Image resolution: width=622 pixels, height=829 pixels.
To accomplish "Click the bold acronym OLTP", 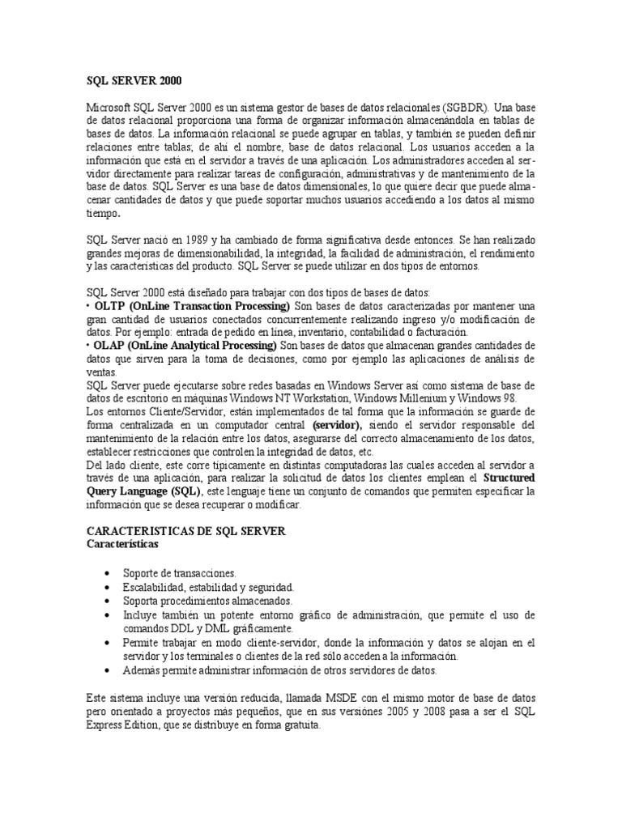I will click(110, 307).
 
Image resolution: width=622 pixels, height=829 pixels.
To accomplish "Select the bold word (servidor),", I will click(339, 425).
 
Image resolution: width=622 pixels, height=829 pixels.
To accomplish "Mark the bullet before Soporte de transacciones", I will click(109, 573).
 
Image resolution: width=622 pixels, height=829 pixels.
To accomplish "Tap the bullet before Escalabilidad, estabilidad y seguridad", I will click(109, 587).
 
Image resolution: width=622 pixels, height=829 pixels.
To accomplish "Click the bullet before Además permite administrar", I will click(109, 670).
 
